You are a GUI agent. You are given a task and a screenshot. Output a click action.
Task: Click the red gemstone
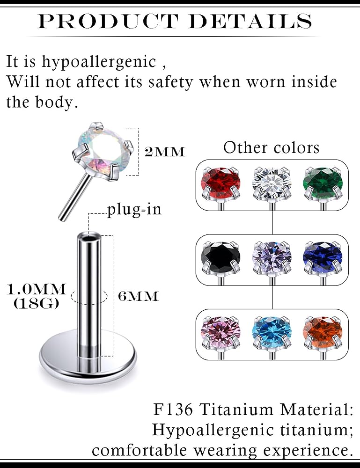tap(220, 183)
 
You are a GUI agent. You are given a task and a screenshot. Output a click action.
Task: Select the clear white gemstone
tap(272, 183)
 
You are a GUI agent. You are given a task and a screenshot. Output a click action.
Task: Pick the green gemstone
tap(323, 183)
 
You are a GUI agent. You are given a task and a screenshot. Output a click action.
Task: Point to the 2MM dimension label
tap(165, 152)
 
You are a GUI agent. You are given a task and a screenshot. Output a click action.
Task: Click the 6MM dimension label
tap(138, 296)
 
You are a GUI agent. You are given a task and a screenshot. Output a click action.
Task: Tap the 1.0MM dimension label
tap(36, 289)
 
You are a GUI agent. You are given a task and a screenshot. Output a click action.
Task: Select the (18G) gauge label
tap(36, 304)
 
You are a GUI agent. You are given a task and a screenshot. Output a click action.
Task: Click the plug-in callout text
tap(134, 210)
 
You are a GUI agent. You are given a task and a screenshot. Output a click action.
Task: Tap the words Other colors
tap(272, 148)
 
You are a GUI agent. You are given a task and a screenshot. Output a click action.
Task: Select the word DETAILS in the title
tap(250, 21)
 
